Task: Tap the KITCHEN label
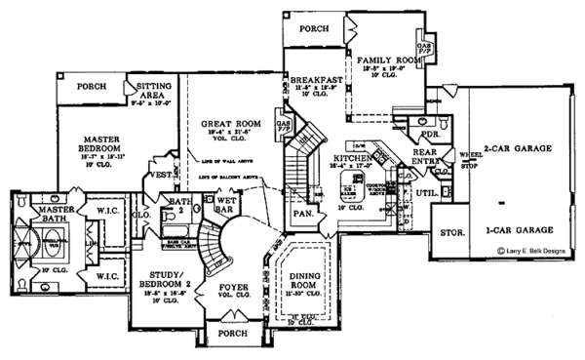click(x=350, y=157)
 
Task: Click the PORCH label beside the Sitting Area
click(x=92, y=86)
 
